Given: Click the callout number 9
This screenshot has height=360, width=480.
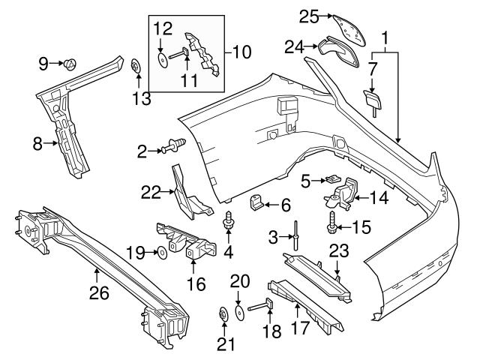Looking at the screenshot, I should (43, 63).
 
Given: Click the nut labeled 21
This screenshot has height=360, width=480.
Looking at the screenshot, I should (223, 313).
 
